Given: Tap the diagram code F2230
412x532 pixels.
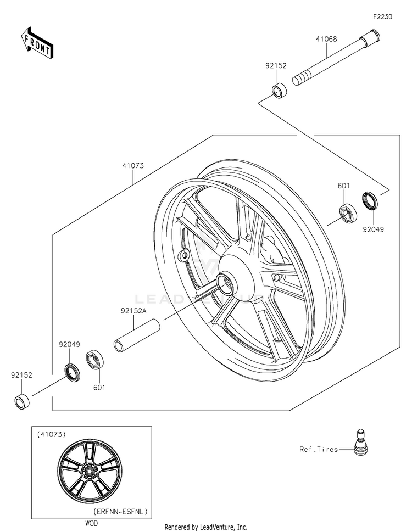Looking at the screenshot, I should pos(383,17).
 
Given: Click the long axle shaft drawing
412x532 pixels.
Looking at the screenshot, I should pos(335,60).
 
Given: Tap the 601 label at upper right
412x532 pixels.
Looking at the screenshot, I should pos(344,186).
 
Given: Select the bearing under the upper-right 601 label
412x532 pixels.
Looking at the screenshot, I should pos(347,212).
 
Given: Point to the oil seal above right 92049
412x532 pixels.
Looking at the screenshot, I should pos(370,201).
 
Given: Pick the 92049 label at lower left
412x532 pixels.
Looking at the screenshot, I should pos(70,345).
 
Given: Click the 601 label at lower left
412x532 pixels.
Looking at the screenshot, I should pos(99,387).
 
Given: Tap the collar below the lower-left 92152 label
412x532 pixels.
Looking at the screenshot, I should pos(23,402).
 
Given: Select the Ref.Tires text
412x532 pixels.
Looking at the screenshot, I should pos(319,449).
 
